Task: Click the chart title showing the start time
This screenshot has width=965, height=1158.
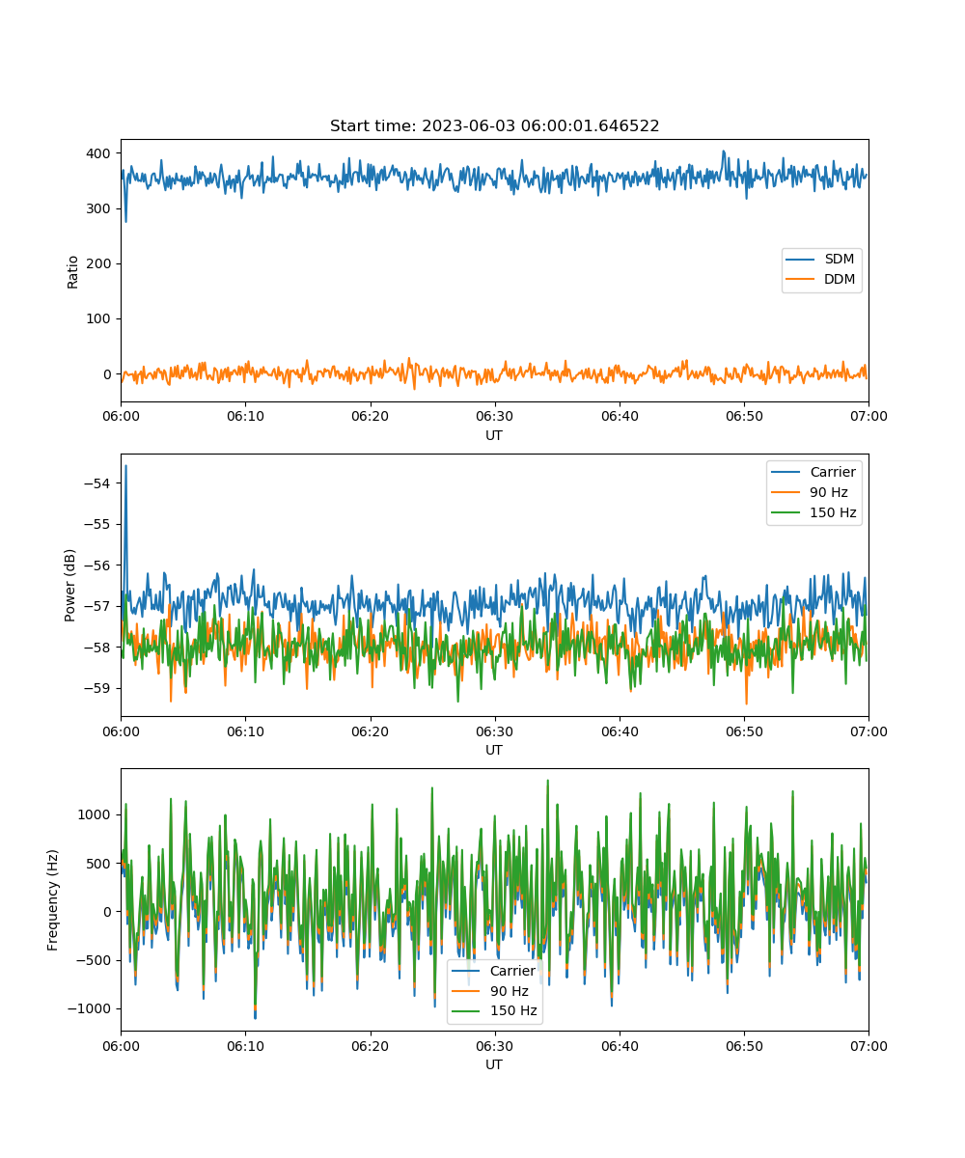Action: (x=494, y=125)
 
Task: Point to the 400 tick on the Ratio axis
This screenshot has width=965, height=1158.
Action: (x=98, y=153)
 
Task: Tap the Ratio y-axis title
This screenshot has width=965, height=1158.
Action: (x=72, y=272)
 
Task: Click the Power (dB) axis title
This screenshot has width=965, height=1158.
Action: (x=69, y=585)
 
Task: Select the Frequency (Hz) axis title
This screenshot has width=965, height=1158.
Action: (x=53, y=899)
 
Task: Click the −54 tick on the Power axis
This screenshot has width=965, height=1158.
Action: (x=97, y=483)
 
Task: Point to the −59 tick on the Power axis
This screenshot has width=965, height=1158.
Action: (x=97, y=688)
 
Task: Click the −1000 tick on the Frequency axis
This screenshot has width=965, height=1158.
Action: (x=90, y=1008)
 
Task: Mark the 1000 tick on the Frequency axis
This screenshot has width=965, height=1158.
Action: (x=94, y=814)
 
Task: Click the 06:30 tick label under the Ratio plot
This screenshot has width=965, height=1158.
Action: (x=495, y=416)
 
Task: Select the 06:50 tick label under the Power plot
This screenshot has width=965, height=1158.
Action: (x=744, y=731)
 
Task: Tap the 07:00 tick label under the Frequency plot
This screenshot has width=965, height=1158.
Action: (x=868, y=1046)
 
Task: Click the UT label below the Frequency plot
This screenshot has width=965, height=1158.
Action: (x=494, y=1064)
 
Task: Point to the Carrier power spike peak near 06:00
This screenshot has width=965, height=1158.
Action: (x=125, y=466)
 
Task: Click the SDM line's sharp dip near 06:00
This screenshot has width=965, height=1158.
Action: (x=125, y=222)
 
